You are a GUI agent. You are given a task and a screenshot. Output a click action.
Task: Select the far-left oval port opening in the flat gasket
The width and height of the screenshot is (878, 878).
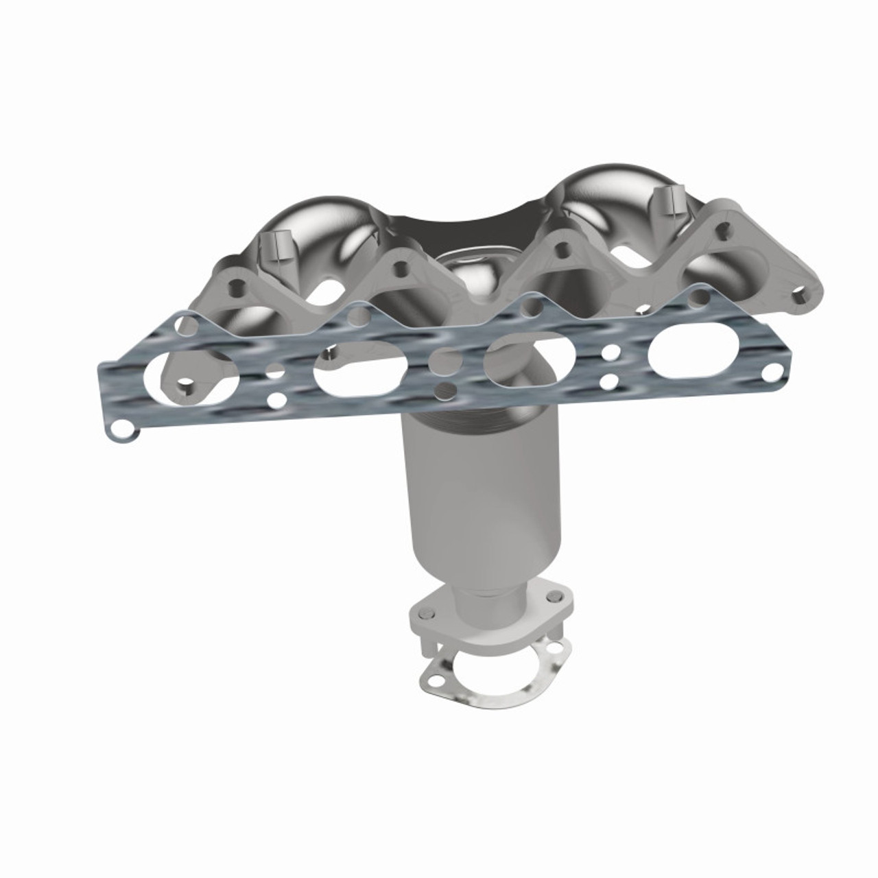click(x=199, y=375)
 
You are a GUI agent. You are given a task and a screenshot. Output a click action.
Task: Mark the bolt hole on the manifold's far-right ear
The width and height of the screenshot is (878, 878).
click(x=798, y=296)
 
